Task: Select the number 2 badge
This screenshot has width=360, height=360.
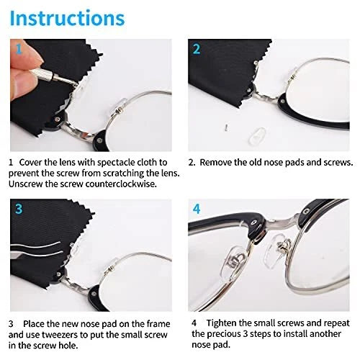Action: [x=197, y=49]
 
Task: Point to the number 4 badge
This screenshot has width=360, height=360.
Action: [x=197, y=210]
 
